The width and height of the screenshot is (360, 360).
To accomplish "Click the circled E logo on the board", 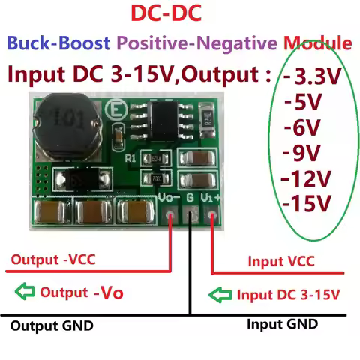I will tap(116, 106).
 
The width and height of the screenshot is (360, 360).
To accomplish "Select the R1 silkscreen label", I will tap(132, 157).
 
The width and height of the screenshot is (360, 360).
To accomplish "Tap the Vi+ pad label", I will tap(212, 199).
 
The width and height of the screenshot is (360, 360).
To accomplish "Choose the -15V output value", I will tap(307, 202).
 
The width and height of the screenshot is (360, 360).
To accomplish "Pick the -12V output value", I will tap(306, 178).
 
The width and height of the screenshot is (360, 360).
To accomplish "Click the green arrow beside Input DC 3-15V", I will tap(222, 294).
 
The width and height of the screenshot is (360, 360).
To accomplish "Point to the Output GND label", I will tap(52, 326).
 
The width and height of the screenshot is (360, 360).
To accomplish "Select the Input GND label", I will tap(282, 324).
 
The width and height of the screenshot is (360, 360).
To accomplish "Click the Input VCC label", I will tap(281, 260).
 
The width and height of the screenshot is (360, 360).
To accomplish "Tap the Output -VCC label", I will tap(52, 260).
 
